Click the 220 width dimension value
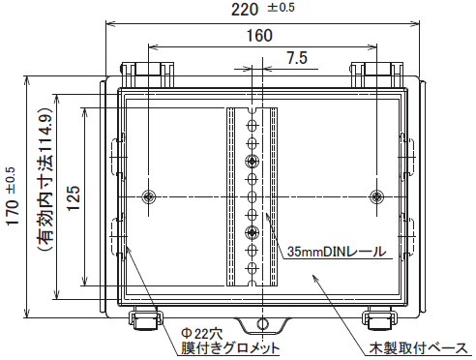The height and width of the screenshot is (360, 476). (245, 10)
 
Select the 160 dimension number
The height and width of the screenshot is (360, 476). (259, 36)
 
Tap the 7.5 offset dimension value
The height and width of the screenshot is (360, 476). (297, 58)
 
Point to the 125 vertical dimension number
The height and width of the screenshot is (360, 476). (74, 197)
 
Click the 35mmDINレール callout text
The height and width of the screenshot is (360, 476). (337, 252)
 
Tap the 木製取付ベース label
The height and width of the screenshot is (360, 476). (418, 348)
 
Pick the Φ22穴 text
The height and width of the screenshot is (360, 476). (202, 333)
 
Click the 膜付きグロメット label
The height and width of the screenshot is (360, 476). (230, 348)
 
